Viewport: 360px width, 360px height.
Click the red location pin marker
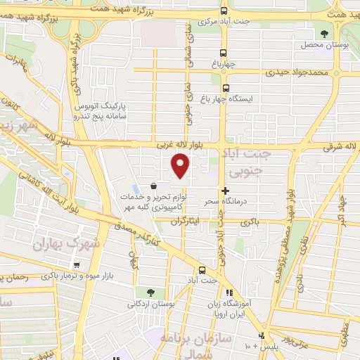click(181, 165)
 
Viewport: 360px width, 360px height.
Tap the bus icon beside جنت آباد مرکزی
click(224, 11)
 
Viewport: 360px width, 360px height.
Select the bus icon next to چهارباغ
click(224, 53)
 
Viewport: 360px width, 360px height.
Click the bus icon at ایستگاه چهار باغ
click(226, 88)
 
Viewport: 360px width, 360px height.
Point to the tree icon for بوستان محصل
click(324, 33)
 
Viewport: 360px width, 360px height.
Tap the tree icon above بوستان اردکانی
click(150, 292)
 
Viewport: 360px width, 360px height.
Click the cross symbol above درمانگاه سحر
click(225, 191)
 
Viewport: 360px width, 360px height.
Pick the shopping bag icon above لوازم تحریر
click(153, 185)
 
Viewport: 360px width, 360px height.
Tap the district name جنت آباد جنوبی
click(252, 160)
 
